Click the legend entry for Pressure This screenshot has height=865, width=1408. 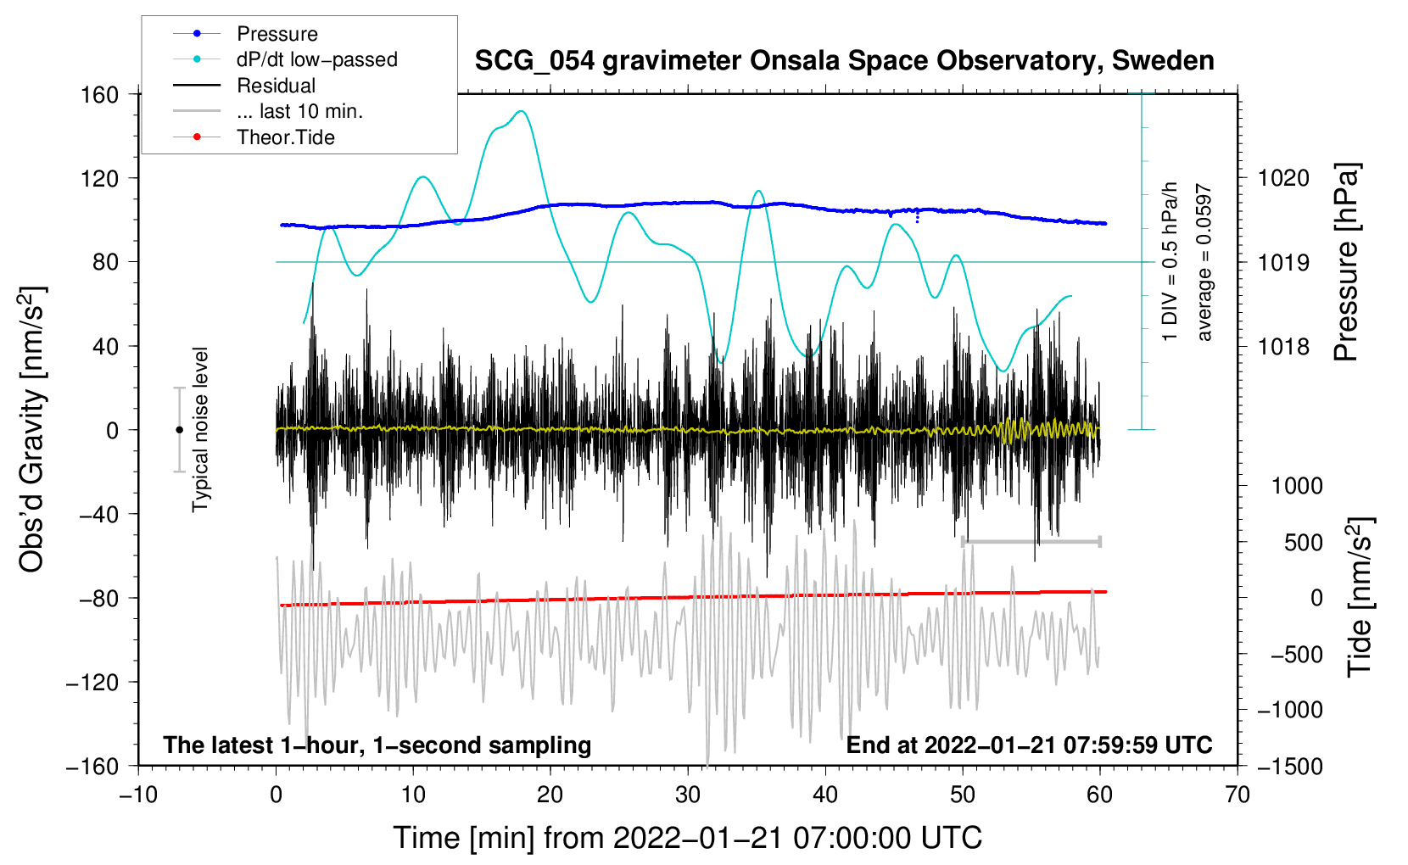click(277, 34)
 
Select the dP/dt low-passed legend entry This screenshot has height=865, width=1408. click(316, 59)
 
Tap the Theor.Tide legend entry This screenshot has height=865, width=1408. click(285, 137)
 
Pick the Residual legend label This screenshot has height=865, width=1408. click(276, 86)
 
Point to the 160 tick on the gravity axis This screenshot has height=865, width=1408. click(100, 94)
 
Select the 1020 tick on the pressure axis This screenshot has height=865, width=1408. click(1283, 178)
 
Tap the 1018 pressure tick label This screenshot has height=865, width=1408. click(1283, 346)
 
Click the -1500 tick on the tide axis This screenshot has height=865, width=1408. click(1289, 766)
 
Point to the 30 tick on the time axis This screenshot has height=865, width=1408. click(688, 795)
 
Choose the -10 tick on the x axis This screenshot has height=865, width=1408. click(138, 795)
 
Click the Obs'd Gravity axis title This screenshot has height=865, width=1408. click(32, 430)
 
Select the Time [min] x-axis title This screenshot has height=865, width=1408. click(687, 838)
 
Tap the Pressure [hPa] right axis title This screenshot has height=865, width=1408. click(1346, 262)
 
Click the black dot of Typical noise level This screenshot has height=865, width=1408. click(180, 430)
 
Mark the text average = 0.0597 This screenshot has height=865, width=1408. click(1204, 263)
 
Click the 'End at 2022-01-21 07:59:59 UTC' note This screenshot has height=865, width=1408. click(1029, 745)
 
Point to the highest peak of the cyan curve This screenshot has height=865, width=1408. click(522, 111)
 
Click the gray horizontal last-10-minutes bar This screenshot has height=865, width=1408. click(1031, 541)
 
